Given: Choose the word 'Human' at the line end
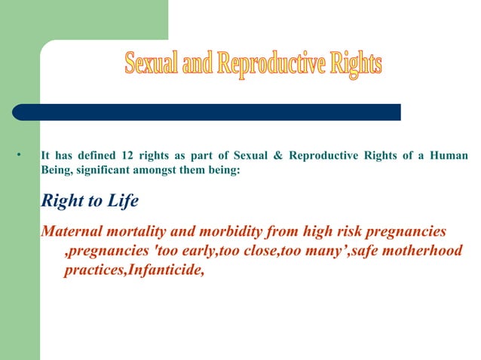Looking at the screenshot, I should click(x=449, y=157).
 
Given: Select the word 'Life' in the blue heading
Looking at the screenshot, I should click(x=120, y=203).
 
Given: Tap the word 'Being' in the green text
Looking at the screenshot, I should click(x=57, y=172).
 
